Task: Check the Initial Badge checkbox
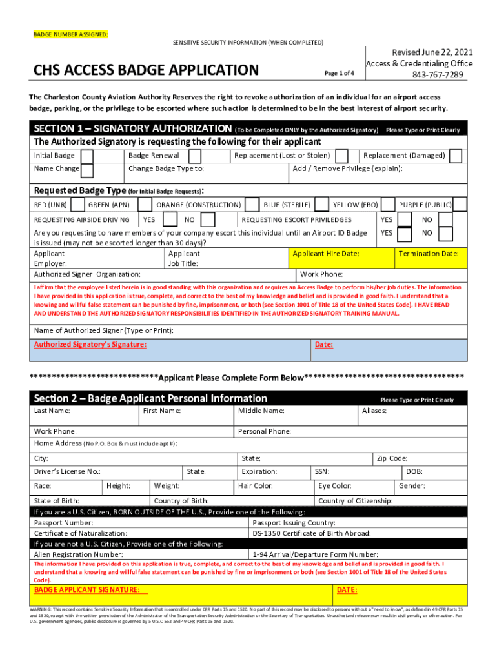tap(88, 156)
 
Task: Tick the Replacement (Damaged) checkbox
tap(456, 156)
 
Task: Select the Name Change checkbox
tap(87, 170)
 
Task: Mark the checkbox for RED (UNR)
tap(78, 205)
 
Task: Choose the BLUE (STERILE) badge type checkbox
tap(253, 205)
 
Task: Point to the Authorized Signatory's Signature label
tap(90, 345)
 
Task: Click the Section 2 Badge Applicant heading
tap(150, 398)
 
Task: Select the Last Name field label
tap(52, 411)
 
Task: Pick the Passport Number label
tap(63, 522)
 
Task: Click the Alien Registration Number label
tap(78, 554)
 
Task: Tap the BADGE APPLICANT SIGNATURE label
tap(87, 590)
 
